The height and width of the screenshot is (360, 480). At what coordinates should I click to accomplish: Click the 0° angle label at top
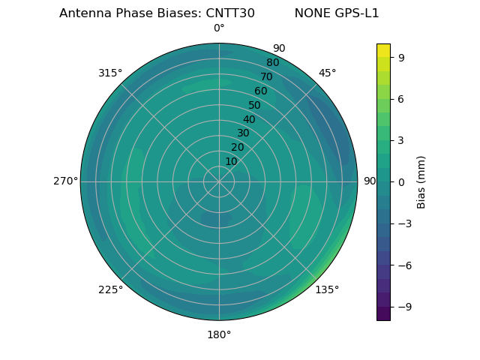click(219, 28)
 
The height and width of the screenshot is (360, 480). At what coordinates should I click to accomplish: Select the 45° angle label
click(327, 73)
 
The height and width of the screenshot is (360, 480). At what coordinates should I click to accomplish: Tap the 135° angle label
click(327, 289)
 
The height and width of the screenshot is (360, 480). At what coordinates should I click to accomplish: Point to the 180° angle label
click(219, 334)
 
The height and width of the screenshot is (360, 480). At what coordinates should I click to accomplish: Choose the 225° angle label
click(110, 289)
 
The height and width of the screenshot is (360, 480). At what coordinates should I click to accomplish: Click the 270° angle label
click(65, 181)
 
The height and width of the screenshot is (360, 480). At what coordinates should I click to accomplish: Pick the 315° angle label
click(110, 73)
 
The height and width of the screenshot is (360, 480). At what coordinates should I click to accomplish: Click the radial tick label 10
click(231, 161)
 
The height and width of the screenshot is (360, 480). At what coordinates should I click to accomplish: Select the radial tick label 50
click(254, 106)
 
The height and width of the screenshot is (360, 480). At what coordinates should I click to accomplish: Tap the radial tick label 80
click(272, 63)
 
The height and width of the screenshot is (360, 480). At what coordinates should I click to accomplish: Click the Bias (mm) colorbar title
click(421, 181)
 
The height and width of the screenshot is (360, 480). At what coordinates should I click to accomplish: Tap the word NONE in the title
click(311, 13)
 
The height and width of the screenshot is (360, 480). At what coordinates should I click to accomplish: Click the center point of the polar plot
click(219, 181)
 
